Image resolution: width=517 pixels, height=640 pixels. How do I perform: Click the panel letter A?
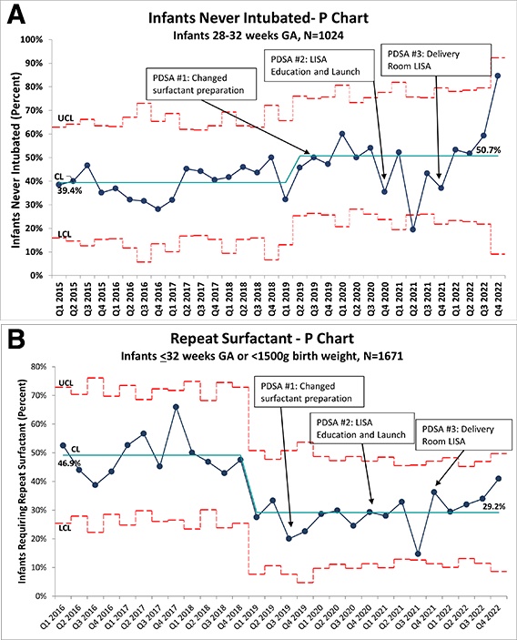(16, 15)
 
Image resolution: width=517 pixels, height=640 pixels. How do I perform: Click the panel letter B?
(15, 340)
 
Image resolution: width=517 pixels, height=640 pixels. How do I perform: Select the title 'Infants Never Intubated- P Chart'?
(258, 18)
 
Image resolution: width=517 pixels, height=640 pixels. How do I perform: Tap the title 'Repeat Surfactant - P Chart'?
(262, 339)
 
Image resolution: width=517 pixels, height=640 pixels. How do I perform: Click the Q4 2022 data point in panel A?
(497, 76)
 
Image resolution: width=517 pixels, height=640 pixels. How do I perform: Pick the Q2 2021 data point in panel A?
(412, 229)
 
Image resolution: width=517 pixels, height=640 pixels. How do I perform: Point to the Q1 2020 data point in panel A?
(342, 134)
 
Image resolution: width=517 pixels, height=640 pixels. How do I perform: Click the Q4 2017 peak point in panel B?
(176, 407)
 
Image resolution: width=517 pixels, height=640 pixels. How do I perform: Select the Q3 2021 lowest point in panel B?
(418, 554)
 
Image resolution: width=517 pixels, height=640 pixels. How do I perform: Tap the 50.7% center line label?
(488, 150)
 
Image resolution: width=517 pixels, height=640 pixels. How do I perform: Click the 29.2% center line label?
(493, 506)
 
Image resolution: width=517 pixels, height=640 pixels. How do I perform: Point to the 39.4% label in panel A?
(69, 190)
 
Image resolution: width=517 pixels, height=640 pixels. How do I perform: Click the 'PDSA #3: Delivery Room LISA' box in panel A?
(436, 60)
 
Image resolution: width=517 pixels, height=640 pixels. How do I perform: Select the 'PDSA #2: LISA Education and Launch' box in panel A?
(319, 66)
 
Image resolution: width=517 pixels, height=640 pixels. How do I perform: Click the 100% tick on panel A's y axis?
(32, 39)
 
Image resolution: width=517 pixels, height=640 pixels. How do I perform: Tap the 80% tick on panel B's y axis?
(38, 367)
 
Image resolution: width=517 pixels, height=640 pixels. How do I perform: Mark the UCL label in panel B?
(66, 383)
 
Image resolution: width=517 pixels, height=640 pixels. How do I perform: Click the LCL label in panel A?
(65, 234)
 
